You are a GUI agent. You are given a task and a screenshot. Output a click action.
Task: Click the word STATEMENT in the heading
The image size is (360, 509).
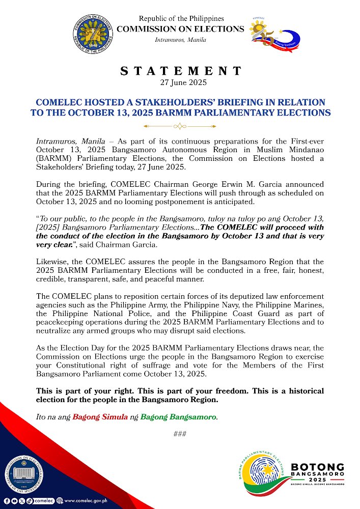180,71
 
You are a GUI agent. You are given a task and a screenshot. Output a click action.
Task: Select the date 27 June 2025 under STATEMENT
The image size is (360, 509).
180,81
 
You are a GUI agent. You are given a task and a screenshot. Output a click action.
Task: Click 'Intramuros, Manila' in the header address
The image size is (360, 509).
180,40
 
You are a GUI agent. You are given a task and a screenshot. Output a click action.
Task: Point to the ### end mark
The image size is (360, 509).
180,434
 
